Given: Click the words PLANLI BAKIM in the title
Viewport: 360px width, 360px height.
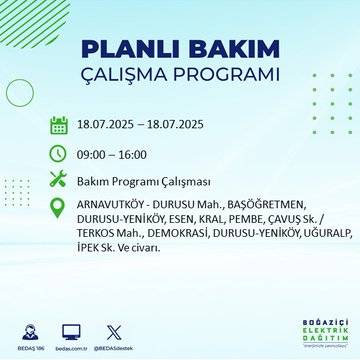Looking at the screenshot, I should pos(180,50).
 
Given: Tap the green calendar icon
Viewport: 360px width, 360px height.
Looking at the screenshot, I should pos(58,125).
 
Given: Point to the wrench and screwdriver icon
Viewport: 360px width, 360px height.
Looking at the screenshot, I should pos(58,180).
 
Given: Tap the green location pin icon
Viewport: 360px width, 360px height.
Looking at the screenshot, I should pos(58,207).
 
